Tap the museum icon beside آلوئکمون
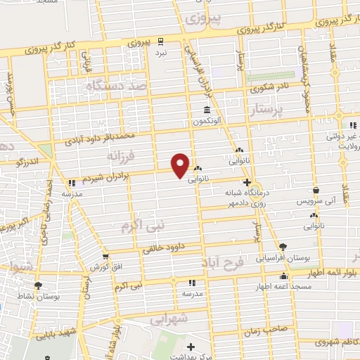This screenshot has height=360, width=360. tap(206, 110)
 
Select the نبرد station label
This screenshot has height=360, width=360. tap(162, 53)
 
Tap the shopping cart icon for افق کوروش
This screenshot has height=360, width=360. tap(105, 257)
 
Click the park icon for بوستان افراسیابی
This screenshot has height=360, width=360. tap(283, 247)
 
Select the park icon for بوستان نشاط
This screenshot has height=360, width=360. tap(38, 285)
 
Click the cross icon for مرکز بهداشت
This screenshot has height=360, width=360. tap(191, 346)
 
